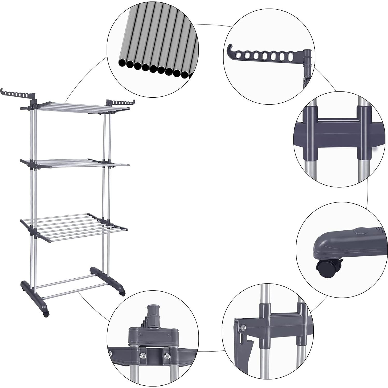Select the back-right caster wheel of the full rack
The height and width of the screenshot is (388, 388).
tap(122, 293)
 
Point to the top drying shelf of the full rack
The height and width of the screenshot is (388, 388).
tap(78, 106)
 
